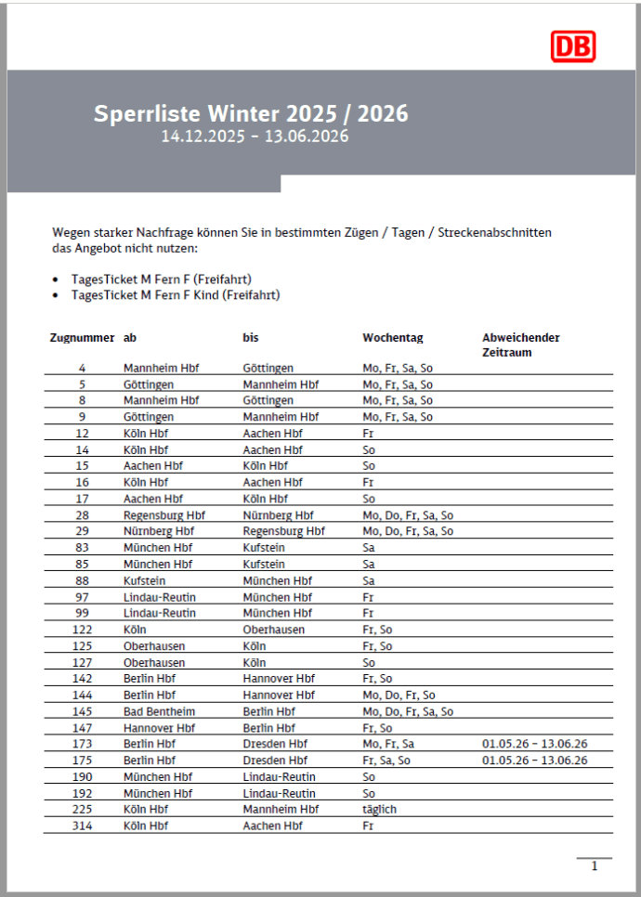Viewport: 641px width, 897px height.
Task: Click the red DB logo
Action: click(572, 46)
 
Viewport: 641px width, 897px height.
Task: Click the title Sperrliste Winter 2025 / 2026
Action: click(251, 114)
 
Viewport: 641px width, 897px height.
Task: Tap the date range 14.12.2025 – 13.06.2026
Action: click(255, 137)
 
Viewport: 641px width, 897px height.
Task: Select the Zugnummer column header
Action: click(82, 338)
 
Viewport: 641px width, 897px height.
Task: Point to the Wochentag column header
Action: click(392, 338)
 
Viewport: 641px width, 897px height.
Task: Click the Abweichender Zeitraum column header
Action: click(521, 344)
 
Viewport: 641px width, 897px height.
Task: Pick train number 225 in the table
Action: click(83, 809)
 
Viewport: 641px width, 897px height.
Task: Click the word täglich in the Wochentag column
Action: click(379, 809)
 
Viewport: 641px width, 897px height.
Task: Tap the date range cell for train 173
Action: click(535, 744)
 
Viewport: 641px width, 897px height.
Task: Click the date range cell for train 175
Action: click(535, 760)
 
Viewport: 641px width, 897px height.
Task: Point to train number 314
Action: click(83, 825)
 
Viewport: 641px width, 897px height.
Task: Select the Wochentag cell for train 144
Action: click(399, 695)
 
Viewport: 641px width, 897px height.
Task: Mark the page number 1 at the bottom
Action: click(595, 866)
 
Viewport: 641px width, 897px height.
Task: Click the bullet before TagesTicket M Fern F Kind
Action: click(58, 295)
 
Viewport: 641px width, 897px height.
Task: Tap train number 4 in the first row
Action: click(83, 368)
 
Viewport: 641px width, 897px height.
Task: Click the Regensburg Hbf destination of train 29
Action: click(283, 531)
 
